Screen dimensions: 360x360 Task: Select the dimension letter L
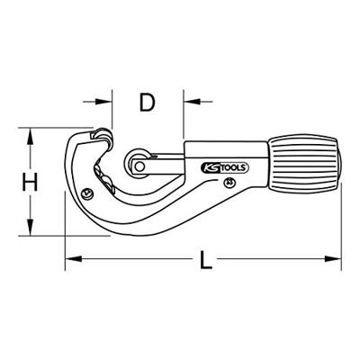click(x=206, y=262)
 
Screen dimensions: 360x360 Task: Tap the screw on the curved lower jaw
click(x=85, y=193)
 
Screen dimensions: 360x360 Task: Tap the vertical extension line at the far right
click(x=345, y=225)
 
